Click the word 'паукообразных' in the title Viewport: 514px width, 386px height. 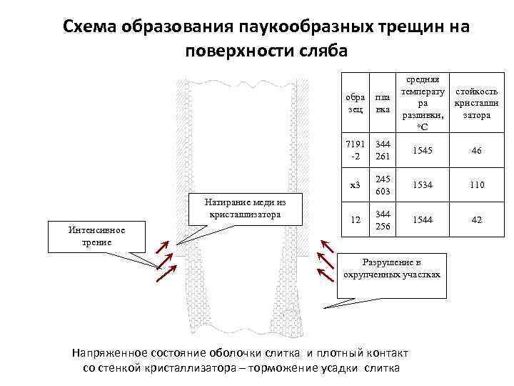click(x=301, y=26)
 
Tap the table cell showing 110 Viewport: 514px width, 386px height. click(x=476, y=185)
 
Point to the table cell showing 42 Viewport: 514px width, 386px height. click(x=476, y=221)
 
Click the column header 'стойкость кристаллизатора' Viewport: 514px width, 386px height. click(x=476, y=104)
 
